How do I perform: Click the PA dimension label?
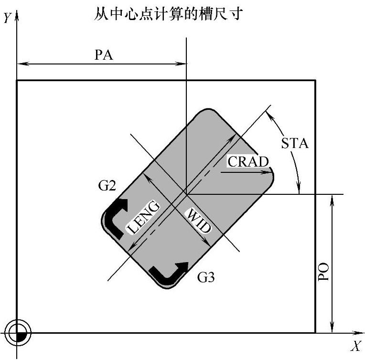pyautogui.click(x=104, y=55)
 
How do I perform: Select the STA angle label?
pyautogui.click(x=295, y=143)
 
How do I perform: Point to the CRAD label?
pyautogui.click(x=248, y=161)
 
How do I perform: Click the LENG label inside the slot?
pyautogui.click(x=143, y=217)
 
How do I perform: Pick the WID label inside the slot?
pyautogui.click(x=197, y=221)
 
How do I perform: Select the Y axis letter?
pyautogui.click(x=6, y=18)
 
